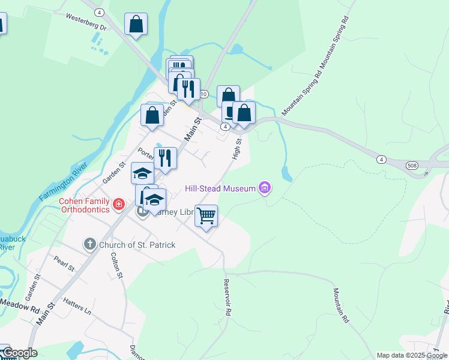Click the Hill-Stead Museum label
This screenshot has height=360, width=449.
[220, 188]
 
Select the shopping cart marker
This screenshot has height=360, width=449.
[206, 215]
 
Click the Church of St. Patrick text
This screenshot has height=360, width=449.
[137, 245]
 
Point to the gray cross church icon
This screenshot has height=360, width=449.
[89, 244]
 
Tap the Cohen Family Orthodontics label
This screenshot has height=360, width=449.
[84, 205]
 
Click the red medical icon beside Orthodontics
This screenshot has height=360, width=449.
[119, 205]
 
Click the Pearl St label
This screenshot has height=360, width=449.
[63, 263]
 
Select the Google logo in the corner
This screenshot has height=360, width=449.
[20, 353]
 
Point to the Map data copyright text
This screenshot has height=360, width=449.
[412, 355]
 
